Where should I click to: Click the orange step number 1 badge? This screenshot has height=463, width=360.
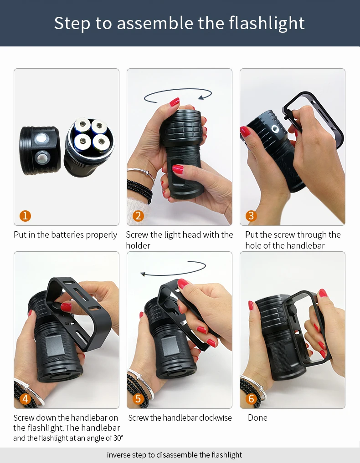click(26, 216)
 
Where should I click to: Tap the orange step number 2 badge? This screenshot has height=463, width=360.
click(138, 216)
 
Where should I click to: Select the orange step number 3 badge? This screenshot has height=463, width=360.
click(251, 216)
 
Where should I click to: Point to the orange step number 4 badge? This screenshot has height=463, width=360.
click(26, 399)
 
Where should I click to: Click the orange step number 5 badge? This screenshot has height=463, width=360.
click(138, 399)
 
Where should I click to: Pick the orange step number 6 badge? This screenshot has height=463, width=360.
click(251, 399)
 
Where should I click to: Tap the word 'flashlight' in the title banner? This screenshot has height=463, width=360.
click(267, 23)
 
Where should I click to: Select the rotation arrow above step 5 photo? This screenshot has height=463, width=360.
click(173, 269)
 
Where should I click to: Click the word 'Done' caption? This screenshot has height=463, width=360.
click(257, 418)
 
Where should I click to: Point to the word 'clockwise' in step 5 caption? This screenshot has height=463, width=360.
click(214, 418)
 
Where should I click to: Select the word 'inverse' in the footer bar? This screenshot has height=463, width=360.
click(119, 455)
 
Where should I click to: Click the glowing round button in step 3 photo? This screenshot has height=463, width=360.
click(276, 130)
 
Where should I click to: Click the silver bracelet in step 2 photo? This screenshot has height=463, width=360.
click(141, 173)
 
